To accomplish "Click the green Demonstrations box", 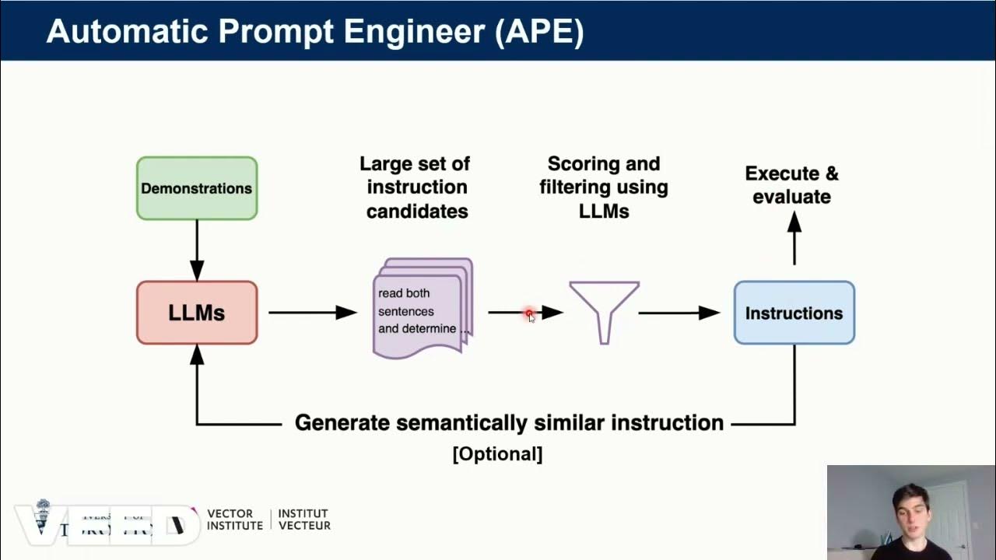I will (x=197, y=188).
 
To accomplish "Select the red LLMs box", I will (x=197, y=313).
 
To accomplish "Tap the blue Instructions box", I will (x=794, y=313).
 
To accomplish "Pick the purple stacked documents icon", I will (x=423, y=308).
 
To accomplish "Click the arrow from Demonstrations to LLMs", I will (x=197, y=249).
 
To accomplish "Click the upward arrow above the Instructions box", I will (x=794, y=237).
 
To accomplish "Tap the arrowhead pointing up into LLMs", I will (x=197, y=355).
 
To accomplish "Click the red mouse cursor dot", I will (x=529, y=313).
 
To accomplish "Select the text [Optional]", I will (x=497, y=453).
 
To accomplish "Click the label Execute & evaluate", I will (x=791, y=185).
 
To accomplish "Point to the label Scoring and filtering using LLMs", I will (x=603, y=187).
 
